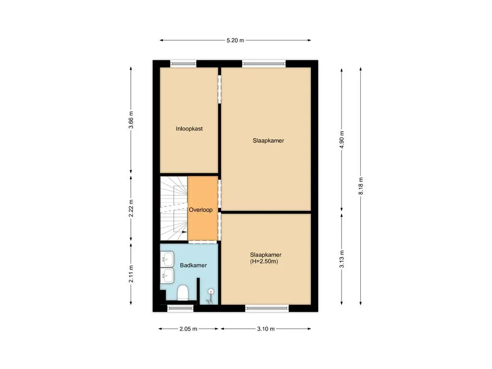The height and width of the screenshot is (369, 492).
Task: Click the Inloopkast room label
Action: point(189,129)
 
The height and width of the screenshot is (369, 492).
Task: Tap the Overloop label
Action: point(201,210)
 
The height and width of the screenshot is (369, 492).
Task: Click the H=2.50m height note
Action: point(264,262)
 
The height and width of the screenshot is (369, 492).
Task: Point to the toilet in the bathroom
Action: point(183,292)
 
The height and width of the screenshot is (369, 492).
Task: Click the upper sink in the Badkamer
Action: point(167,260)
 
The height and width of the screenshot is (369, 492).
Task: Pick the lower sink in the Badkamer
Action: point(167,275)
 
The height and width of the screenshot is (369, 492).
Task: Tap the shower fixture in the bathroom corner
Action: point(210,296)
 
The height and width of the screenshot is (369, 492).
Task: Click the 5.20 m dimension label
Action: point(235,40)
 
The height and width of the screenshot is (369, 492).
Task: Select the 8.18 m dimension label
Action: point(361,185)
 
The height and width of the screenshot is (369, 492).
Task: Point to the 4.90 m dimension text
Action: point(342,140)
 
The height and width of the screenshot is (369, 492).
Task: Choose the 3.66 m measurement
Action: point(131,120)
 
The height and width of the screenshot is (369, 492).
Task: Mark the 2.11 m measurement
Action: point(131,273)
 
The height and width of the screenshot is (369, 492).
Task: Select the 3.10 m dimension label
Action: point(266,329)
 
